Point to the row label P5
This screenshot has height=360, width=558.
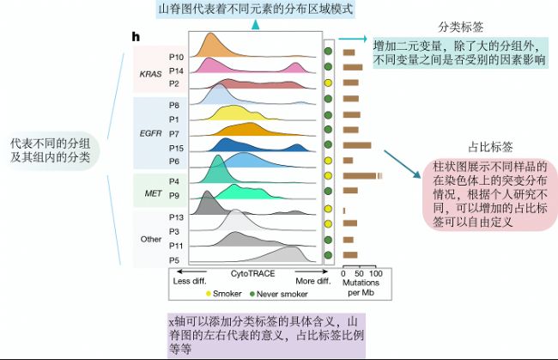point(175,259)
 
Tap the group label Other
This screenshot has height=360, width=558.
point(150,238)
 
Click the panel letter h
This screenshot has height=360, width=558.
point(136,37)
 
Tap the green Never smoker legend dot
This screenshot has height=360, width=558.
point(253,294)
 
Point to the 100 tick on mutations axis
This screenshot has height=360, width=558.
point(375,272)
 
